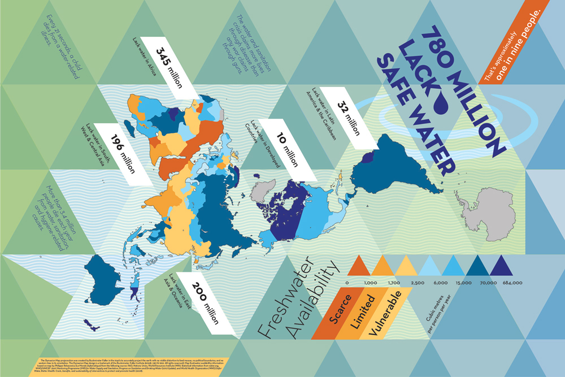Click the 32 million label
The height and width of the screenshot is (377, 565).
[349, 120]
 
